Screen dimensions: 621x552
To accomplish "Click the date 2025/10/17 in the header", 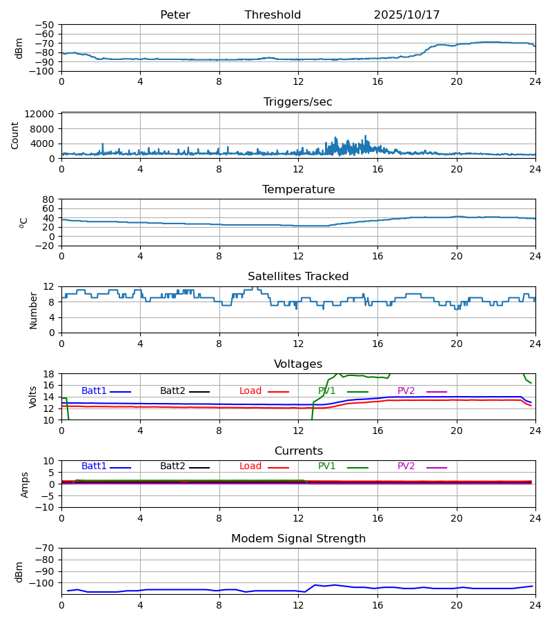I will click(x=406, y=15).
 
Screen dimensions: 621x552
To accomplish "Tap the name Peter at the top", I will click(x=175, y=15).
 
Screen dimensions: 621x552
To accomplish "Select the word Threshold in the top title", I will click(x=273, y=15).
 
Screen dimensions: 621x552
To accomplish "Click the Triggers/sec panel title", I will click(x=298, y=102).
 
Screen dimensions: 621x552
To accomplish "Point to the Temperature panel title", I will click(x=298, y=190).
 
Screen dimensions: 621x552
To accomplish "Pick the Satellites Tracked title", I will click(x=298, y=277).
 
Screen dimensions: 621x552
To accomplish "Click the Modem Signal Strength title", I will click(x=298, y=539).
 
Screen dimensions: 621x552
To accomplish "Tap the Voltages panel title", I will click(x=298, y=364).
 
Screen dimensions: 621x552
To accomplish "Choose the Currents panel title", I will click(x=298, y=451).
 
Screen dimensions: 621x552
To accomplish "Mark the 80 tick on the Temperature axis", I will click(x=48, y=199).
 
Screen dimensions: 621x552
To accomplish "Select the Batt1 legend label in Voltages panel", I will click(x=94, y=391).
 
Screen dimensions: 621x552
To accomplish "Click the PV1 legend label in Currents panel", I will click(x=327, y=466).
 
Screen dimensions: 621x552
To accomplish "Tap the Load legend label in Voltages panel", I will click(x=250, y=391).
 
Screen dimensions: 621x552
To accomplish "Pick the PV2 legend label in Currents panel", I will click(x=406, y=466).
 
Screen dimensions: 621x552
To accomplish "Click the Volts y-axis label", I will click(x=34, y=397).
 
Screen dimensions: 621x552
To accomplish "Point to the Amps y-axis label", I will click(x=25, y=484).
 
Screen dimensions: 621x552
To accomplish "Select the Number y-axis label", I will click(x=34, y=310).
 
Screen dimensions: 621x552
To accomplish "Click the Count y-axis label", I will click(x=16, y=135).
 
